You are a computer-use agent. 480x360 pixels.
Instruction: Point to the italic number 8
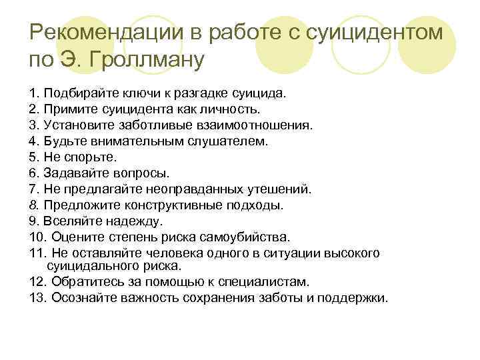34,205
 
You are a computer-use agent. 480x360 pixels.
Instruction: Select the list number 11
37,253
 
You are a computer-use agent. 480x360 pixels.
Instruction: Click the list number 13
37,297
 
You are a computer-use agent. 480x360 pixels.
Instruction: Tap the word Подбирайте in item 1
75,93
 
